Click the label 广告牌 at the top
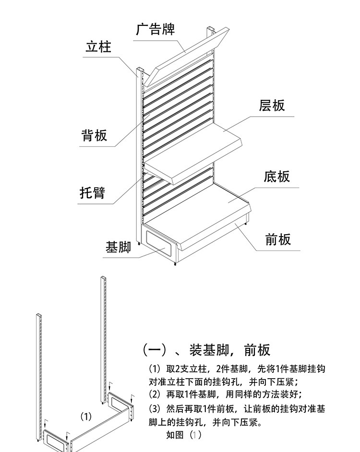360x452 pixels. click(x=155, y=29)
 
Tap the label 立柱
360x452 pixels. click(x=98, y=47)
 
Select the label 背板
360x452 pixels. click(x=94, y=135)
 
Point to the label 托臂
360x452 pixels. click(x=92, y=193)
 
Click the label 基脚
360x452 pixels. click(x=118, y=248)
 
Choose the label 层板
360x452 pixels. click(x=272, y=106)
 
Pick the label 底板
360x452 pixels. click(x=276, y=177)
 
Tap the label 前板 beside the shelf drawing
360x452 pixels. click(x=278, y=239)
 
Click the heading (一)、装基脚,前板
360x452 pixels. click(x=206, y=350)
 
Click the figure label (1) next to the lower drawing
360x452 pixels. click(x=85, y=416)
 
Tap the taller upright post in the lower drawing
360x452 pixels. click(x=103, y=336)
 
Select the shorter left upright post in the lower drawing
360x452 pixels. click(x=39, y=374)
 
